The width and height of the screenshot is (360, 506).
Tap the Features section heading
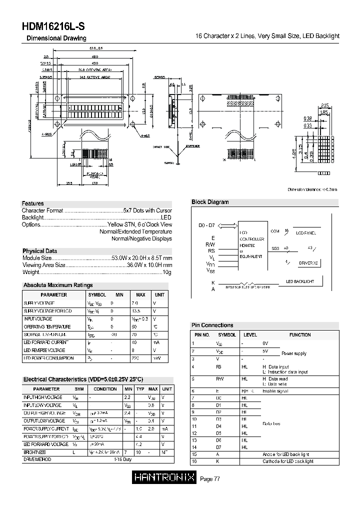(32, 203)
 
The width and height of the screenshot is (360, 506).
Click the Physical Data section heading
(39, 251)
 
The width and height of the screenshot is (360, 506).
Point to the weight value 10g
(167, 272)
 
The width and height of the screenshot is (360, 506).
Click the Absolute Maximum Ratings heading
(58, 285)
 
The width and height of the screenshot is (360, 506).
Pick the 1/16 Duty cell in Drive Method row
(123, 459)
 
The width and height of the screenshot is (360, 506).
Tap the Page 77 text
(210, 479)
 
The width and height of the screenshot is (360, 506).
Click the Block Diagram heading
(210, 202)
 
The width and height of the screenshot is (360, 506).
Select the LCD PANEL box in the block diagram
(305, 233)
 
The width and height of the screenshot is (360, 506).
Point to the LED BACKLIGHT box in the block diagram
(300, 281)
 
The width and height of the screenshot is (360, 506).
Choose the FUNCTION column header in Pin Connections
(300, 335)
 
